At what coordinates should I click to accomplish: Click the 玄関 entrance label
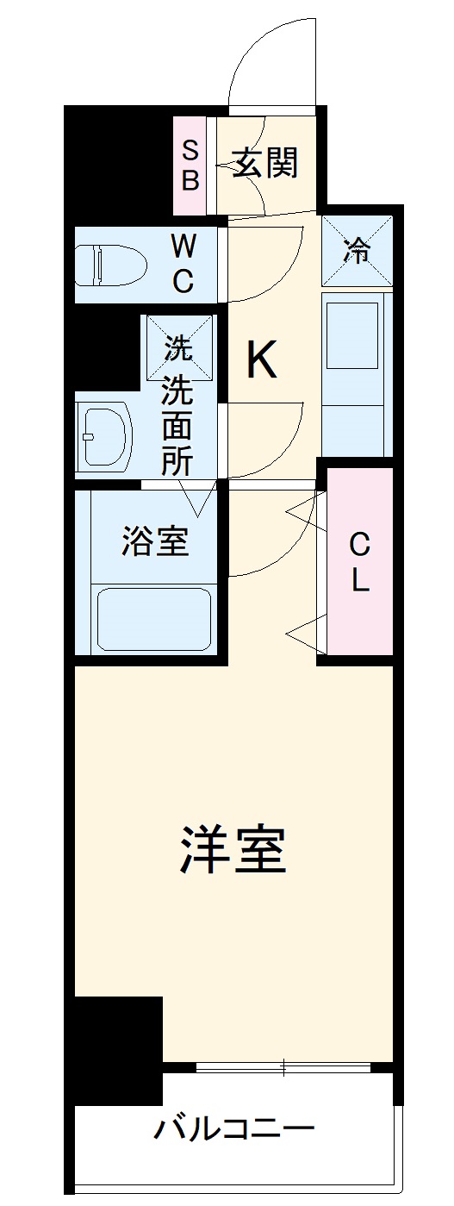point(266,161)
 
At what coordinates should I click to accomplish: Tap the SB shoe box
point(190,166)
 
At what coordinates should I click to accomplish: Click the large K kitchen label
point(261,361)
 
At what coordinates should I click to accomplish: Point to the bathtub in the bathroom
point(152,618)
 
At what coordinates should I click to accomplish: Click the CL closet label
point(359,562)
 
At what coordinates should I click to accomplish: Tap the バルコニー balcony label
point(233,1128)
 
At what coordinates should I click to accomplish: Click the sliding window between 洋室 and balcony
point(284,1067)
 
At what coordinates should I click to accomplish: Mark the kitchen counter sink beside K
point(351,336)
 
